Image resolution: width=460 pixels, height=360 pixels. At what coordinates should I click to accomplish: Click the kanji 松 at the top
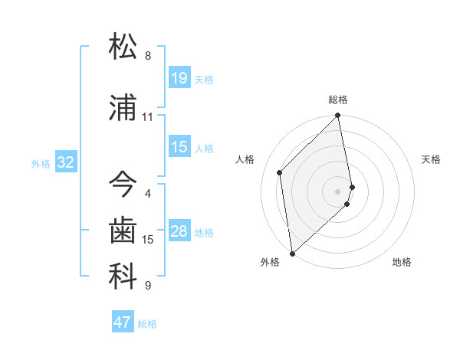point(123,45)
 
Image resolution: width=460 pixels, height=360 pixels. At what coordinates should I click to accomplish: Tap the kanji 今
point(123,184)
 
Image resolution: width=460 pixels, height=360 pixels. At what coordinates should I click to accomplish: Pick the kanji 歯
point(123,231)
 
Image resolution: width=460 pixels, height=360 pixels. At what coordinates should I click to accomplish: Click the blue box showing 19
point(179,77)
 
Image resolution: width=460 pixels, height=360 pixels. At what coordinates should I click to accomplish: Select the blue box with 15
point(179,147)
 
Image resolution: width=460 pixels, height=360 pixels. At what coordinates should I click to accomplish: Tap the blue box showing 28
point(179,231)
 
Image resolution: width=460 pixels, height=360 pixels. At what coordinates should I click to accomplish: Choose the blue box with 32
point(65,162)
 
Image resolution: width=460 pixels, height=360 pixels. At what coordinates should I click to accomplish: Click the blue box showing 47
point(123,322)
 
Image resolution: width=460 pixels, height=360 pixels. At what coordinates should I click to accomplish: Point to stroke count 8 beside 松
point(148,55)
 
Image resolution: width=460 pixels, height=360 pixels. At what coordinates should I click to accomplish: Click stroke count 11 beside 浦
point(148,117)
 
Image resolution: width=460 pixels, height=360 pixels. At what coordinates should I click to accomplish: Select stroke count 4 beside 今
point(148,194)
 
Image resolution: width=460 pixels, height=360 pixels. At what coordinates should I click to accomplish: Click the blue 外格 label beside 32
point(41,163)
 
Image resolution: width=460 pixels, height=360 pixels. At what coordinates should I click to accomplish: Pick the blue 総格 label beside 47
point(147,324)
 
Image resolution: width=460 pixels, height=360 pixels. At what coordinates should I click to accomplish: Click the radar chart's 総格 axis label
point(338,100)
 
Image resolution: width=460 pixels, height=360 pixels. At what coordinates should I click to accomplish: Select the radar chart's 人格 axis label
point(245,159)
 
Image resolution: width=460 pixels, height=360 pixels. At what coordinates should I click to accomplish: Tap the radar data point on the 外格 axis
point(292,253)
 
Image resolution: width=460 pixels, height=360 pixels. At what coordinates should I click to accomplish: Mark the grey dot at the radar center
point(338,191)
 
